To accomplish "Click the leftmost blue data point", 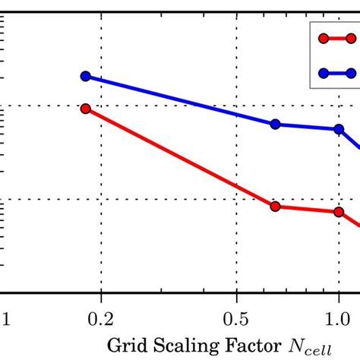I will click(86, 76).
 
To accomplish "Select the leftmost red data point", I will click(86, 109).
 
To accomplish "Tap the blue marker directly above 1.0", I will click(338, 128).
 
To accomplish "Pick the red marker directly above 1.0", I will click(338, 211).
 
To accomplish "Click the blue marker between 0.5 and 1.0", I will click(276, 124).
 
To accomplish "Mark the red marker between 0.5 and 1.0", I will click(276, 206).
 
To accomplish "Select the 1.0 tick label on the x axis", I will click(338, 314).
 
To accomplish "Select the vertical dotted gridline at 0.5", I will click(236, 251).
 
